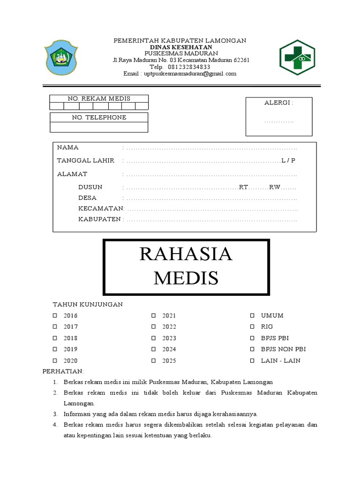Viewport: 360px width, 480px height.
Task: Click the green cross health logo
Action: [297, 57]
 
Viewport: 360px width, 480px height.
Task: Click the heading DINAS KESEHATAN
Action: [180, 47]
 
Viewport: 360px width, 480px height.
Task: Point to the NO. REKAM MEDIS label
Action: [99, 98]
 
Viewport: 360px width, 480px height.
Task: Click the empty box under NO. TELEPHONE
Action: [99, 127]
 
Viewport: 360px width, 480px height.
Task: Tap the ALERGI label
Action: [278, 103]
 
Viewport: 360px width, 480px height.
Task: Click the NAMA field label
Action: [68, 148]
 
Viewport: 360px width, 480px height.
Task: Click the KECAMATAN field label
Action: [100, 208]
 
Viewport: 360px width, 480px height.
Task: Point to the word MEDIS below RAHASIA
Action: [186, 278]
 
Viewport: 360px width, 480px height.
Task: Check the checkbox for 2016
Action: [55, 315]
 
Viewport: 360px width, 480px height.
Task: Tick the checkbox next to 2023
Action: [153, 338]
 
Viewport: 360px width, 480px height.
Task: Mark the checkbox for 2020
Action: [55, 360]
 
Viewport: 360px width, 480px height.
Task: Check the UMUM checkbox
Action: [252, 315]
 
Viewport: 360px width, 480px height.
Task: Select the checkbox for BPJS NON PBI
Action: [252, 349]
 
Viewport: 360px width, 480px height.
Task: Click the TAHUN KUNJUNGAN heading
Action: [87, 304]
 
